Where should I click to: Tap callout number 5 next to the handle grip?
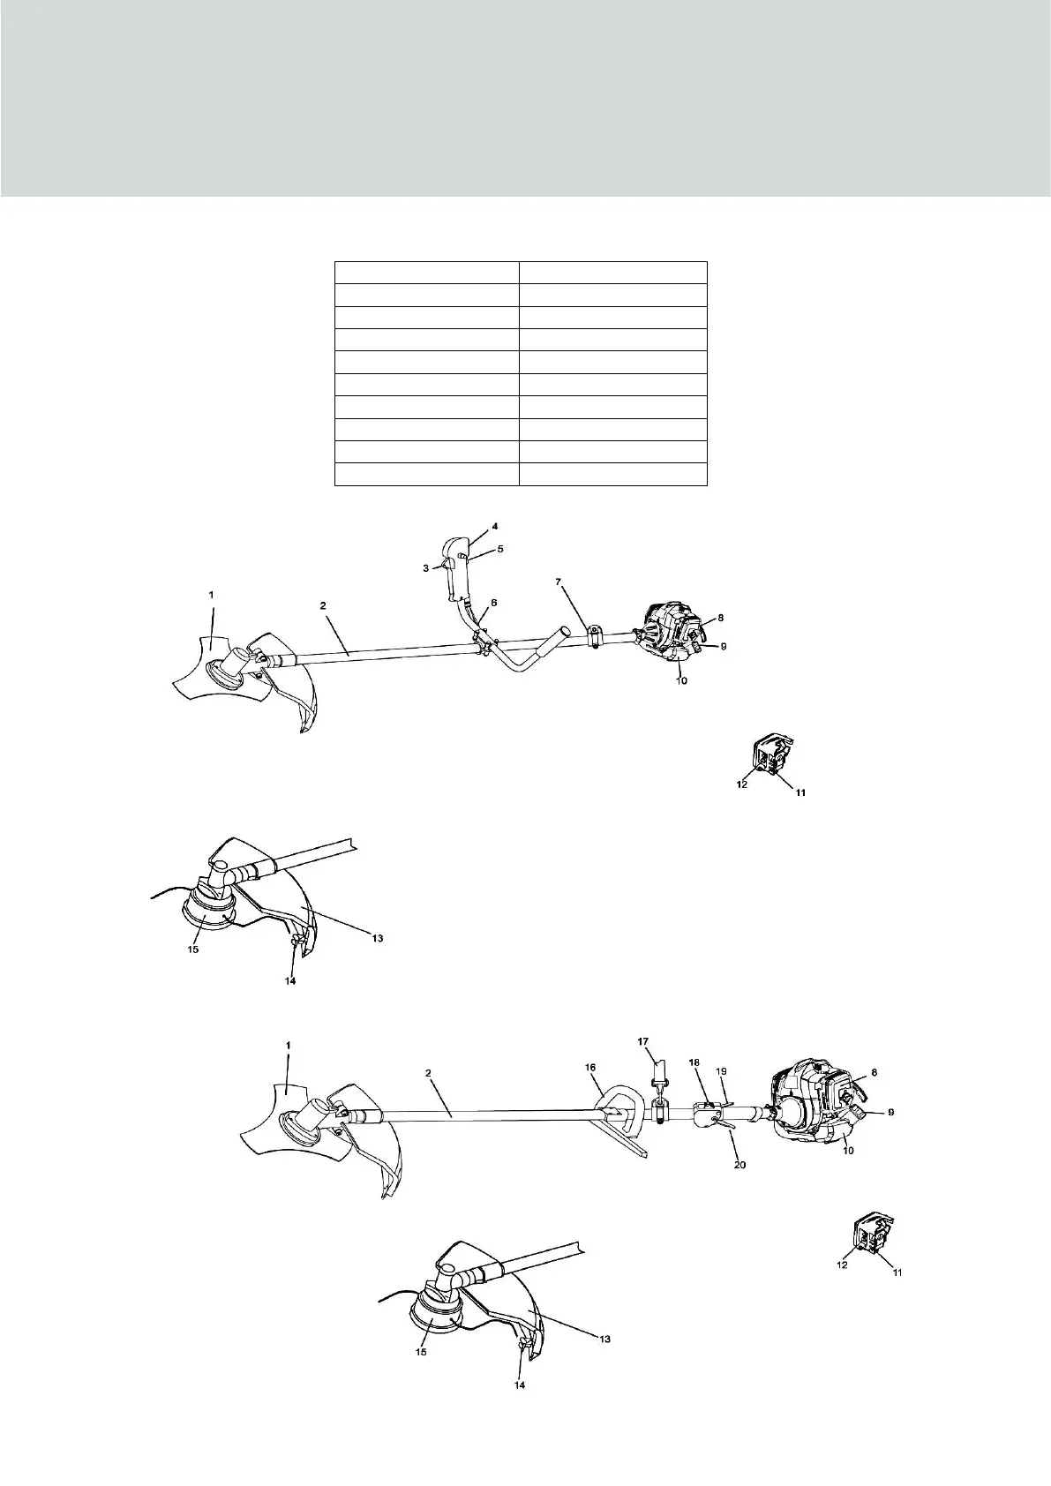pos(499,549)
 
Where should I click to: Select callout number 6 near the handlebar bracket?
pos(493,602)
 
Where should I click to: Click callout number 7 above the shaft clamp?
pos(583,584)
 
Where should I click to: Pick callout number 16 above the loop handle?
pos(590,1067)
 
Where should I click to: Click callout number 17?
pos(643,1042)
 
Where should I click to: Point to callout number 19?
pos(721,1070)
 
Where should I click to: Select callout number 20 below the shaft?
pos(740,1165)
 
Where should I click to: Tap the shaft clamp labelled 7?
pos(595,635)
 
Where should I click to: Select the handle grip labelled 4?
pos(456,574)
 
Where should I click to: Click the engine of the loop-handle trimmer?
pos(816,1107)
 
